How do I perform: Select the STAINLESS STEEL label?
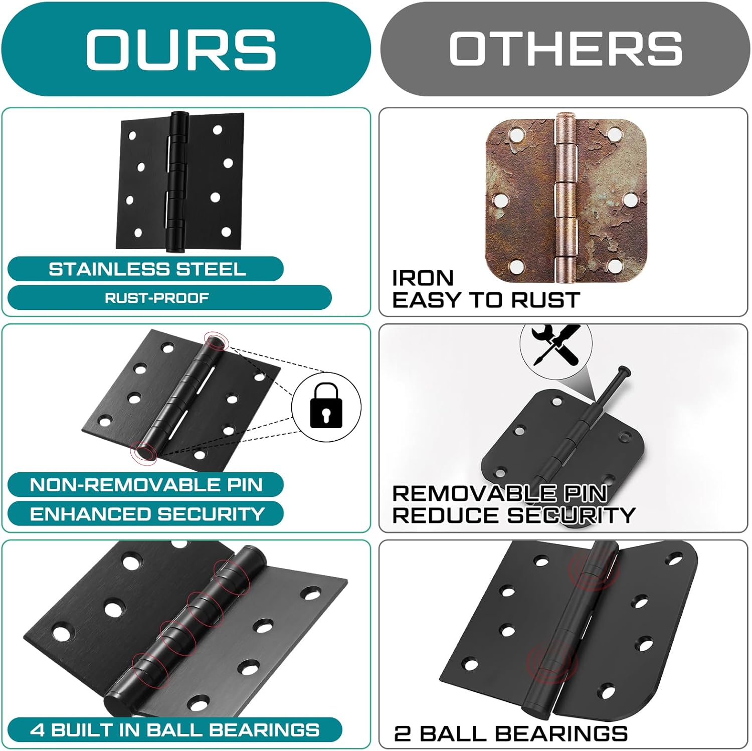click(x=147, y=269)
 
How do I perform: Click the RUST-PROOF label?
click(x=156, y=298)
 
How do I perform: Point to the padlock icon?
click(x=326, y=405)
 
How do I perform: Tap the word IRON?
click(x=423, y=278)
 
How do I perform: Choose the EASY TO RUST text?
click(x=485, y=300)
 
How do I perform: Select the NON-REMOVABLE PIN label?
click(x=146, y=485)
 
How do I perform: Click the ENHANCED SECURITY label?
click(x=147, y=514)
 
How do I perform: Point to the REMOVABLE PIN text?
click(x=499, y=494)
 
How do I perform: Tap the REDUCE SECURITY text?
click(x=513, y=515)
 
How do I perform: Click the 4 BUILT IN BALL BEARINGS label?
click(x=174, y=729)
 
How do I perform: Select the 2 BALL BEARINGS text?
click(x=510, y=733)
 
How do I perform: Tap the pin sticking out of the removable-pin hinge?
click(x=614, y=384)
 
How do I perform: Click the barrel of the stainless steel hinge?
click(x=178, y=180)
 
